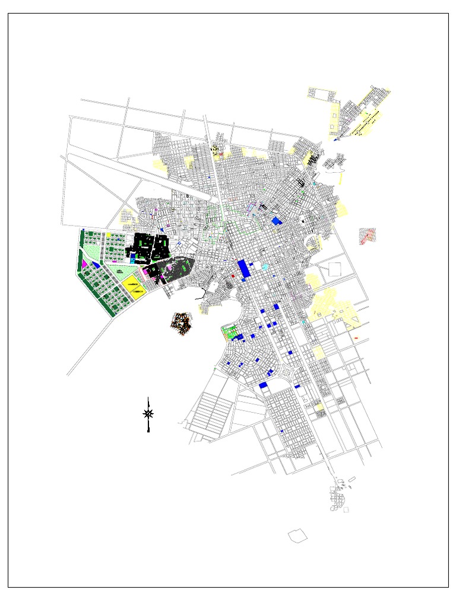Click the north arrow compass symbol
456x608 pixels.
pyautogui.click(x=148, y=413)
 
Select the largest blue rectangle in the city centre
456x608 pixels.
pyautogui.click(x=243, y=268)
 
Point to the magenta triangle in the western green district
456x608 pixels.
pyautogui.click(x=85, y=262)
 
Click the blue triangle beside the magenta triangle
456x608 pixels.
pyautogui.click(x=96, y=265)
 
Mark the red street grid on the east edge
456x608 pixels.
pyautogui.click(x=367, y=236)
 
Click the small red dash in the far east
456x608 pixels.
pyautogui.click(x=356, y=338)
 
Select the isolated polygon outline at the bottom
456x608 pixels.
pyautogui.click(x=298, y=536)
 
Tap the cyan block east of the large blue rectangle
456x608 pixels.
pyautogui.click(x=265, y=267)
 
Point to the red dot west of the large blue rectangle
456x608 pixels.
pyautogui.click(x=233, y=276)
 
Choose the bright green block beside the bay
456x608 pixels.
pyautogui.click(x=229, y=331)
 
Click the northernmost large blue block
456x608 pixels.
pyautogui.click(x=276, y=221)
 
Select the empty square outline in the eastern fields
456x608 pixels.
pyautogui.click(x=334, y=268)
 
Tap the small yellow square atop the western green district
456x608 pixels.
pyautogui.click(x=109, y=235)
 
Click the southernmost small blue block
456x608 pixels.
pyautogui.click(x=282, y=430)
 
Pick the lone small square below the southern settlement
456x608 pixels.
pyautogui.click(x=346, y=509)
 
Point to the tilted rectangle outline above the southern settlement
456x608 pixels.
pyautogui.click(x=351, y=479)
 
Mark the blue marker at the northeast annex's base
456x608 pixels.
pyautogui.click(x=335, y=140)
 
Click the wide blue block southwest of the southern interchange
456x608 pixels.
pyautogui.click(x=264, y=385)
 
